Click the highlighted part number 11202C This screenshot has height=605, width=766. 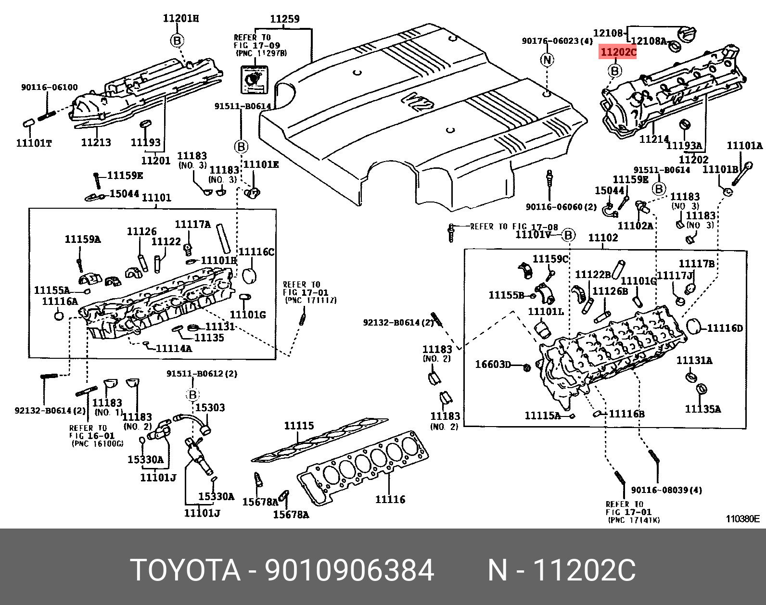618,52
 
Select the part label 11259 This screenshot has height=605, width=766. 285,19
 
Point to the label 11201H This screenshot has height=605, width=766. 181,18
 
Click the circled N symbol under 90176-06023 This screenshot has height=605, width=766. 547,60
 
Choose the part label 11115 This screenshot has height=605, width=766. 299,426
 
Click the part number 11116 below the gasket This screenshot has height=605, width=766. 390,500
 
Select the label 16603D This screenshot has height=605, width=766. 493,365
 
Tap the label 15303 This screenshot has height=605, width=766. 210,408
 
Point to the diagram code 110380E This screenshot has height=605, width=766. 742,518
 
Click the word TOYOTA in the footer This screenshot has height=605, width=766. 185,570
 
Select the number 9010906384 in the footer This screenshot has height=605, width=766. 350,570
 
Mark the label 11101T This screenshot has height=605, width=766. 34,143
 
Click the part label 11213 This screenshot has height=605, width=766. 96,142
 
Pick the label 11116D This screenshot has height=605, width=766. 725,328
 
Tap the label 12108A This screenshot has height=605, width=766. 648,41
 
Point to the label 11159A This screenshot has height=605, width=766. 83,239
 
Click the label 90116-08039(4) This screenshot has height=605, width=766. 666,490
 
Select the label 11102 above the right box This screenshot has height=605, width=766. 603,238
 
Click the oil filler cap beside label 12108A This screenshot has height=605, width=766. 687,34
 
